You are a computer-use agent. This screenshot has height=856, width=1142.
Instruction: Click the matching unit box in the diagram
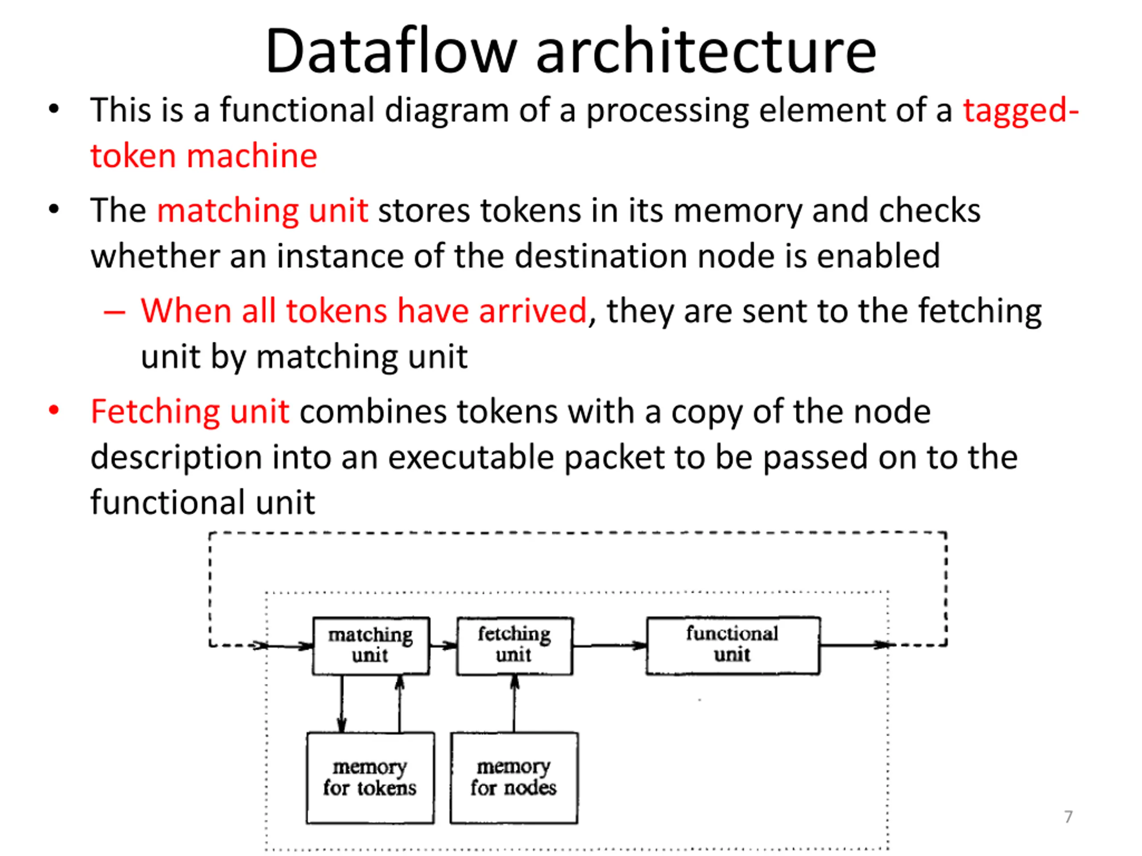[371, 646]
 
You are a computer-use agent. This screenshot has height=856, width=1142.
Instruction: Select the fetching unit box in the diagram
[514, 646]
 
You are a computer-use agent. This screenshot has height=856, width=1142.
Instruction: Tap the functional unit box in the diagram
[732, 645]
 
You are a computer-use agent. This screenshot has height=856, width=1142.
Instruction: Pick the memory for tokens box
[370, 778]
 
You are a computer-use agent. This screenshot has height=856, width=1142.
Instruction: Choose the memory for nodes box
[514, 778]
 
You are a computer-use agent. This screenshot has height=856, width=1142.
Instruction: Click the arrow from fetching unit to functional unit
[610, 646]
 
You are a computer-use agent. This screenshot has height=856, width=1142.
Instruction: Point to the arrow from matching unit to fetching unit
[443, 646]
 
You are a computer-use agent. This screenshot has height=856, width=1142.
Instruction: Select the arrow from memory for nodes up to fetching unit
[514, 703]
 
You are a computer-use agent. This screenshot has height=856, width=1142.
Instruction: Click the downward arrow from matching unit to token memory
[341, 703]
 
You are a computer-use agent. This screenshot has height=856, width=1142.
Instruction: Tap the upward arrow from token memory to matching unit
[399, 703]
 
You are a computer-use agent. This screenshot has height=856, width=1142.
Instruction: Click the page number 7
[1068, 817]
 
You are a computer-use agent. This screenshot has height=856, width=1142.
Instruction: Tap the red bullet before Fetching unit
[54, 411]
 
